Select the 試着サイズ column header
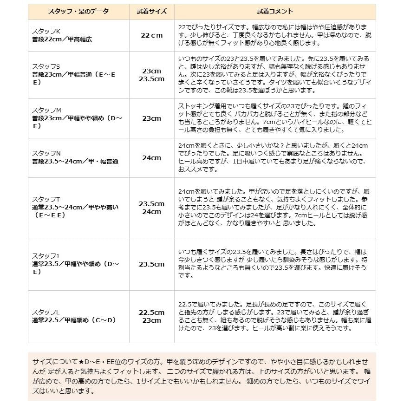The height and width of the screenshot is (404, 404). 152,11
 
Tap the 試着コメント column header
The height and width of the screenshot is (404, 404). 275,11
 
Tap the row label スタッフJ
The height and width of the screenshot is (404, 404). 46,256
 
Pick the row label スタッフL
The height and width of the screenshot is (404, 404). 46,312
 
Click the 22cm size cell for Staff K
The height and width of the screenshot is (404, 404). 152,35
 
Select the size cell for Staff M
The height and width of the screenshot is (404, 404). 152,118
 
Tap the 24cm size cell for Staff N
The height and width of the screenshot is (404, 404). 152,158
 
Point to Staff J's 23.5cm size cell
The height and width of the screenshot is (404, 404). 152,264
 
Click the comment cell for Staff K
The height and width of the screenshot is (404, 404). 275,35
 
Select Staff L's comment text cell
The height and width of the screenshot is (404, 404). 275,316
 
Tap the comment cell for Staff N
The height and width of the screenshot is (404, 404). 275,158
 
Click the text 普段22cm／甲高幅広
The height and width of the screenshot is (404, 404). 62,39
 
